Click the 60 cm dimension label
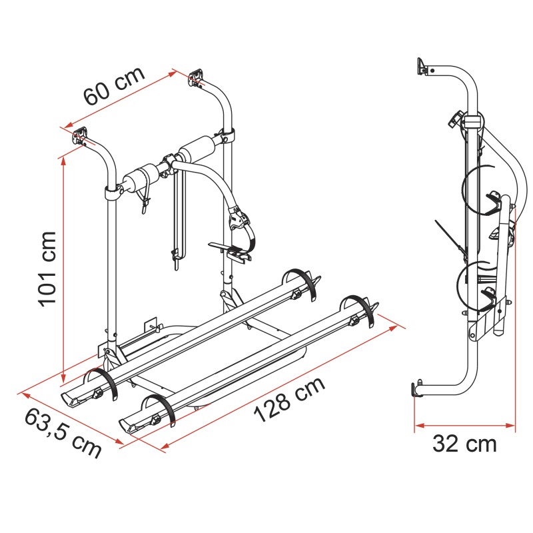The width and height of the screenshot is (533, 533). point(115,87)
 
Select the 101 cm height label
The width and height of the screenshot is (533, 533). point(47,268)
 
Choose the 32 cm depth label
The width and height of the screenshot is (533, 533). point(464,443)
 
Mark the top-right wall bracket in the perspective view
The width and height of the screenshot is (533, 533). point(196,79)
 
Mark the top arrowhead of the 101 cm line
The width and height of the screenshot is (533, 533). point(63,159)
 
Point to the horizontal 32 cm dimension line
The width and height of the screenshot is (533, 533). point(464,424)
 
